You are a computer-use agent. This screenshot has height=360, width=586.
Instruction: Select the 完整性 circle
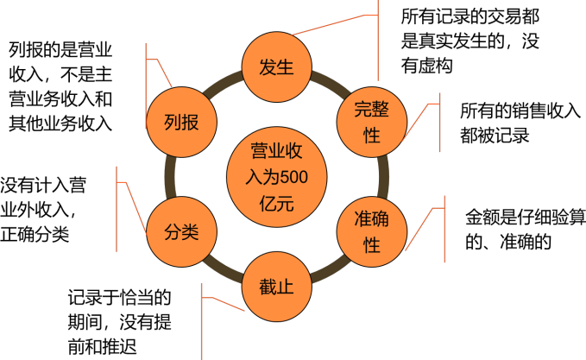pos(372,122)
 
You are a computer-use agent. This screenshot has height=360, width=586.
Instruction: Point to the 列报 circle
pos(182,122)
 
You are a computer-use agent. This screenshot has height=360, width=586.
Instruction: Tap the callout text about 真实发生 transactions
pos(469,40)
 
